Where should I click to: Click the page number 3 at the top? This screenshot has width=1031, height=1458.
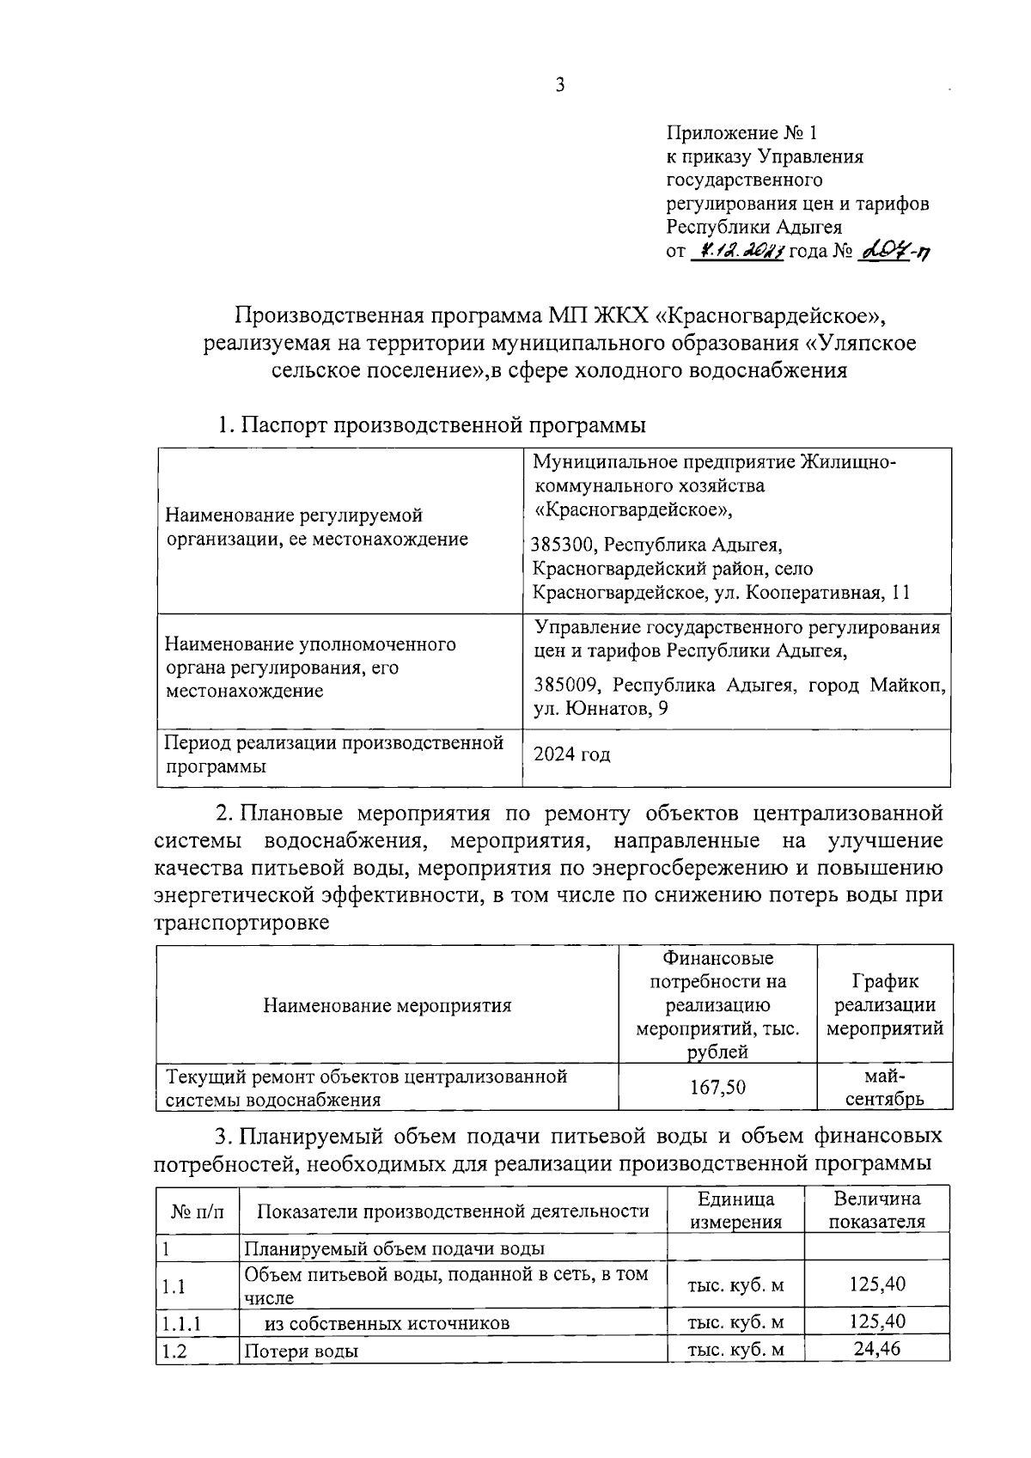coord(560,85)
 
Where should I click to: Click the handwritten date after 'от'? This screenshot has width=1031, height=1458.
coord(736,251)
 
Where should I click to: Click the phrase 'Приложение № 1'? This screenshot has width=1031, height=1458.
coord(743,133)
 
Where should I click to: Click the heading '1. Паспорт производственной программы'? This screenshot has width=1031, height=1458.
coord(431,425)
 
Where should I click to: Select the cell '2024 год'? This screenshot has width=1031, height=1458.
coord(572,755)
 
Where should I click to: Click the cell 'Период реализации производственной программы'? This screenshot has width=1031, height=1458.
coord(333,754)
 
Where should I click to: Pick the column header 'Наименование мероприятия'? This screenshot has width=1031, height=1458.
coord(387,1005)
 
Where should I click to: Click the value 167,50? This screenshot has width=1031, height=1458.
coord(718,1088)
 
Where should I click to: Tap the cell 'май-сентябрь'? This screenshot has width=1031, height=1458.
coord(884,1087)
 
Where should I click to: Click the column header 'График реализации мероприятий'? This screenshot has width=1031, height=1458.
coord(884,1004)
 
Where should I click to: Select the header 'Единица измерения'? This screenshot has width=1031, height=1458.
coord(735,1211)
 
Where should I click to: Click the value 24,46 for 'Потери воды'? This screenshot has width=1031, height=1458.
coord(876,1349)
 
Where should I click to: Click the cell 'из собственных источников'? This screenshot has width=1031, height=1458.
coord(387,1324)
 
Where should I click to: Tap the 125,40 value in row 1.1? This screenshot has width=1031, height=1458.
coord(876,1285)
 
